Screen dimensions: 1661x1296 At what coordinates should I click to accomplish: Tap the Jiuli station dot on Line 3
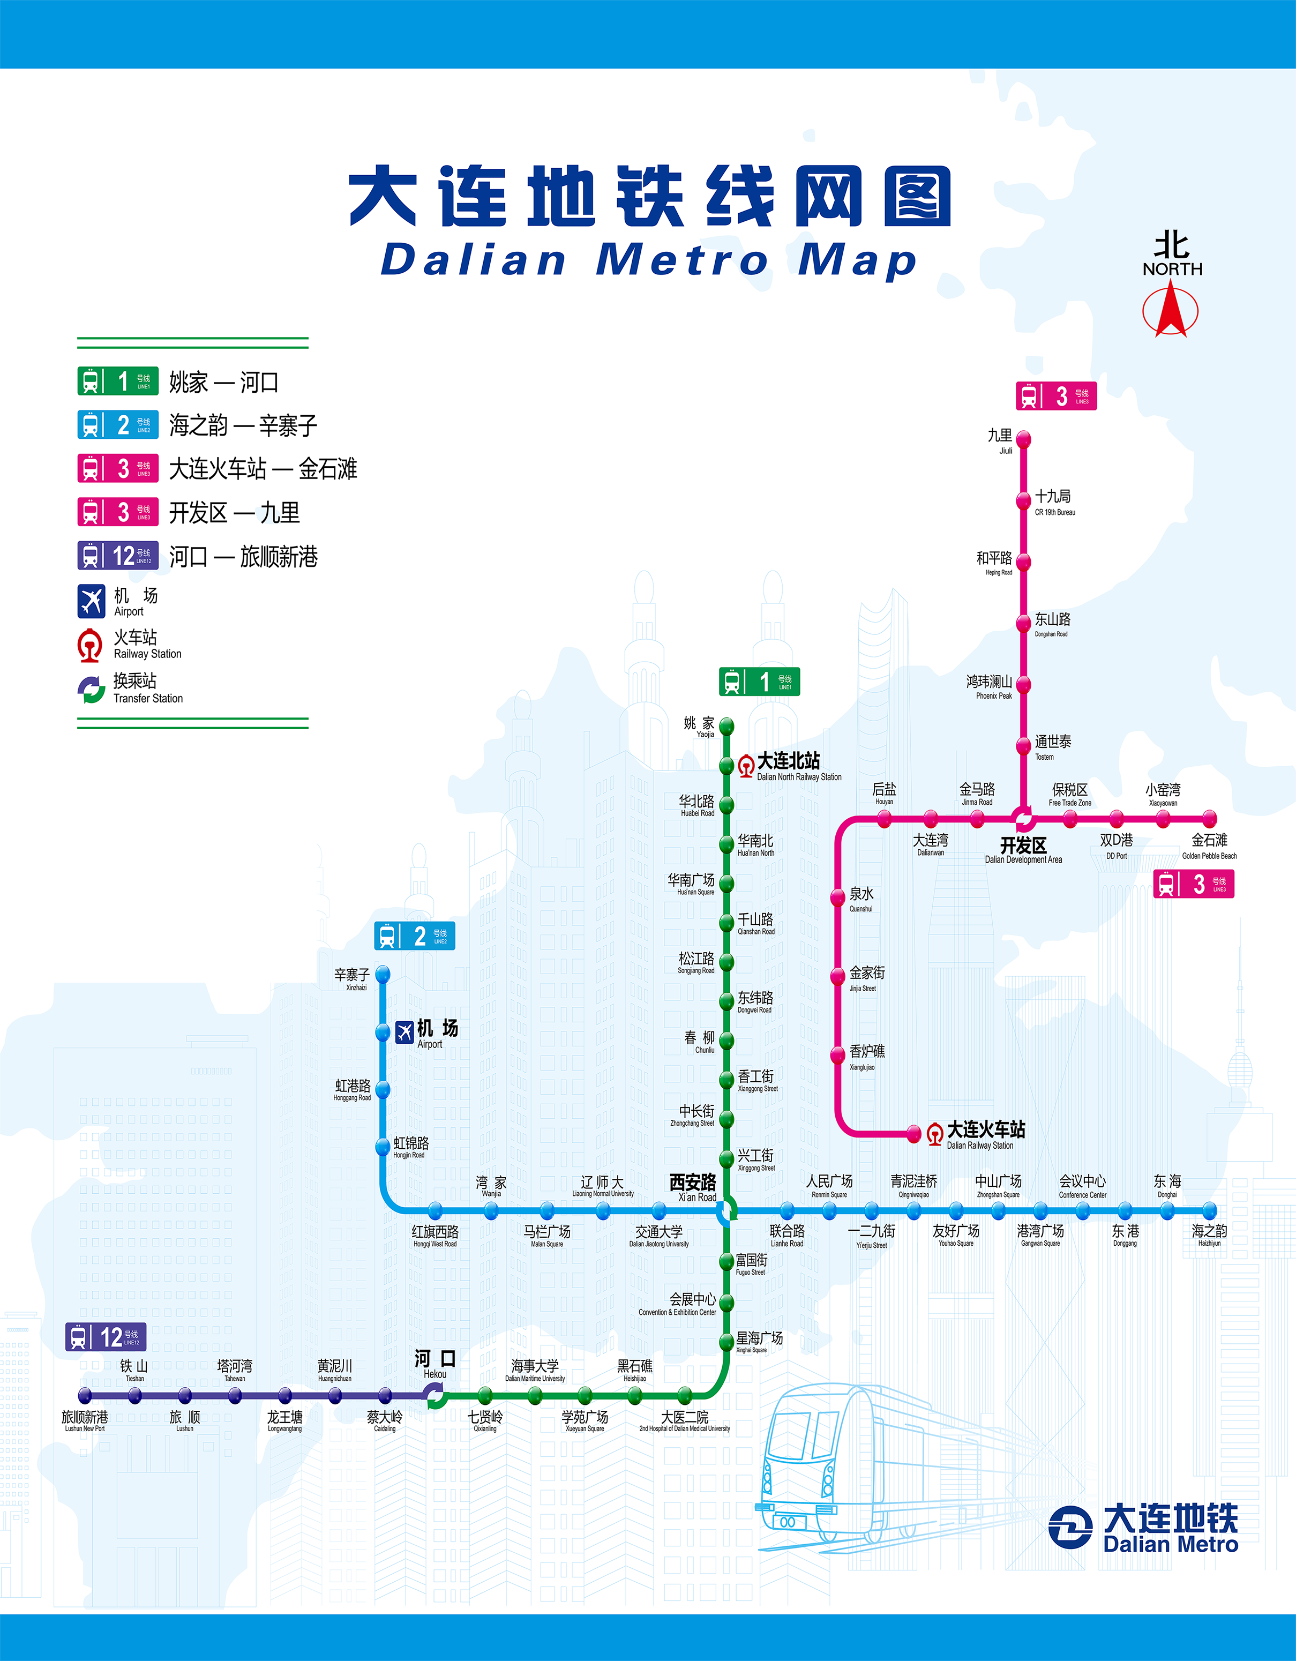click(1024, 439)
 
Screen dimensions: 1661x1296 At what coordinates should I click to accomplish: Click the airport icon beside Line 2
click(404, 1032)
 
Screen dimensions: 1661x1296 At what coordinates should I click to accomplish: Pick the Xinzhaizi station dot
click(383, 974)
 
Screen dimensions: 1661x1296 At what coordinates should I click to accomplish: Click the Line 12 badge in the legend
click(118, 556)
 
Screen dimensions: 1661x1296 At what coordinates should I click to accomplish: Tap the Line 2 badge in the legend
click(118, 425)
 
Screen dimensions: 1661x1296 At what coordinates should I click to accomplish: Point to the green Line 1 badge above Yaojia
click(759, 682)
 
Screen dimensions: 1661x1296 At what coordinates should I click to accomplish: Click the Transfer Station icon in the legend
click(91, 689)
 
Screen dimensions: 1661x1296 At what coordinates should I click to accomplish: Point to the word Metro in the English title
click(681, 260)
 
